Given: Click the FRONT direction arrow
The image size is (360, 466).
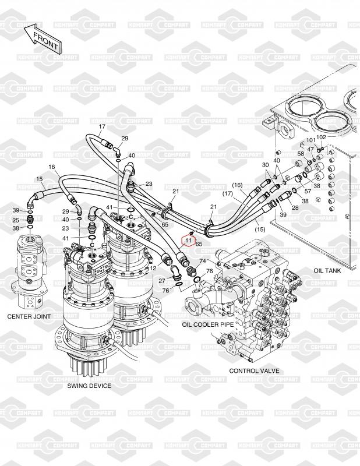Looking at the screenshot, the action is point(42,38).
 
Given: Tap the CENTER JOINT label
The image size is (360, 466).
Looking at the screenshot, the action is point(29,316).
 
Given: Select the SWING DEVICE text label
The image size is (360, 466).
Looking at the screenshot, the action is point(89,386).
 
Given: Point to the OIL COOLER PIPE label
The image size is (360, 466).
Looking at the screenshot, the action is point(208,324).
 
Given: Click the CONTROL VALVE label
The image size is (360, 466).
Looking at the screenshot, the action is point(254,370).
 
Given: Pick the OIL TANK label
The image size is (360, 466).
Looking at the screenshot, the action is point(327,270).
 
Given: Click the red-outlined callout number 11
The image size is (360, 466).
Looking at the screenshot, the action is point(188,240).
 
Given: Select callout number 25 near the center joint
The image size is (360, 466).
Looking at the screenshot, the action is point(16,220).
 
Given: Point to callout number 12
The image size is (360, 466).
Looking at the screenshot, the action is point(153,268).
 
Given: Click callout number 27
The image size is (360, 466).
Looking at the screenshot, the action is point(162,281).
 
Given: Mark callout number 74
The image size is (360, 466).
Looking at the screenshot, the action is point(203,261).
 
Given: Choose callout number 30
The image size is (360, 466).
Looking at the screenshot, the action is point(265,165).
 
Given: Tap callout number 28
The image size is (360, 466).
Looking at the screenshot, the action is point(295,207).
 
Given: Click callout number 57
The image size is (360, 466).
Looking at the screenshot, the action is point(308,191).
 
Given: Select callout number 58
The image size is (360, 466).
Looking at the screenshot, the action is point(301,154).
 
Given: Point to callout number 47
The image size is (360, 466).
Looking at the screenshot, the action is point(310,149).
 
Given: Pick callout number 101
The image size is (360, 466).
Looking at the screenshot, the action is point(310,140).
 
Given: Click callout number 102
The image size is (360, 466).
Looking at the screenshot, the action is point(321,137).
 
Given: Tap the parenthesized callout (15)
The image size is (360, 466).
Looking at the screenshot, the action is point(260,230).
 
